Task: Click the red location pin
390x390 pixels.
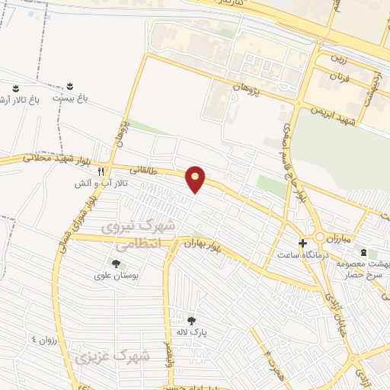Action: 196,179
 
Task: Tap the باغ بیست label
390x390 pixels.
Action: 69,98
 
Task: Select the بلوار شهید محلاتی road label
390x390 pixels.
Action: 30,158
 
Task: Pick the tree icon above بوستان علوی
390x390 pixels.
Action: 116,263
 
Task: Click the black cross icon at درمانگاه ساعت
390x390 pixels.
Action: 303,244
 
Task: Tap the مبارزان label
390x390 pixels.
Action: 357,238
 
